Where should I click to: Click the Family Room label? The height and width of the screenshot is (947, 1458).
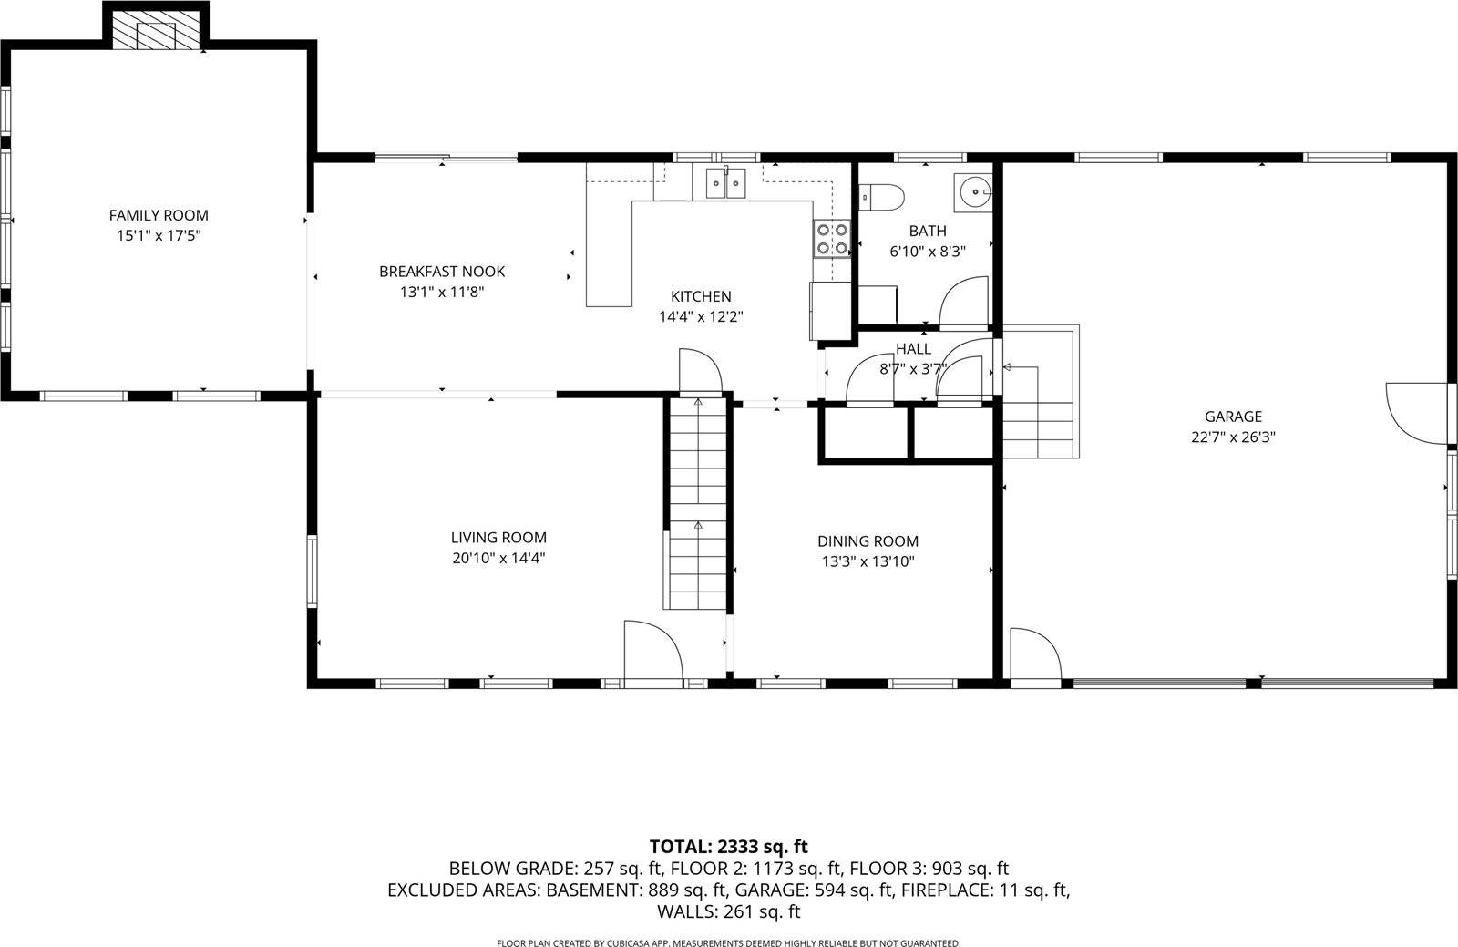coord(159,216)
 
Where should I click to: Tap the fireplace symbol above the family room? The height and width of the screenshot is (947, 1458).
coord(154,35)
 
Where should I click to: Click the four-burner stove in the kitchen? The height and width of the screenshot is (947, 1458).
coord(833,239)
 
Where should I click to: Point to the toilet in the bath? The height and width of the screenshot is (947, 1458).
coord(880,195)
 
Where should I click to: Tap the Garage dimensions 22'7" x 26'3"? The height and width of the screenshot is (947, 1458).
coord(1233,437)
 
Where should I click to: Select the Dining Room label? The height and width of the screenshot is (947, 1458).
coord(868,541)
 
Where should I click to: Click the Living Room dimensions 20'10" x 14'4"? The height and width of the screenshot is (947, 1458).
coord(498,559)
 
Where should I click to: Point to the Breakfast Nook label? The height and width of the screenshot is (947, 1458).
coord(442,272)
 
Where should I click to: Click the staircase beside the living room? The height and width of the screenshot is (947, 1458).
coord(697,506)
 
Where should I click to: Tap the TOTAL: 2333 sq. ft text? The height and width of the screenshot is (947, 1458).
coord(728,847)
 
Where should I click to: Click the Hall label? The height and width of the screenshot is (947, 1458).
coord(913,349)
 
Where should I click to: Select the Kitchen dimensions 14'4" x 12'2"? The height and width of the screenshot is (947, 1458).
coord(701,317)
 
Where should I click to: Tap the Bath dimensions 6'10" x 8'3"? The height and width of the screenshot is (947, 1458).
coord(927,251)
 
